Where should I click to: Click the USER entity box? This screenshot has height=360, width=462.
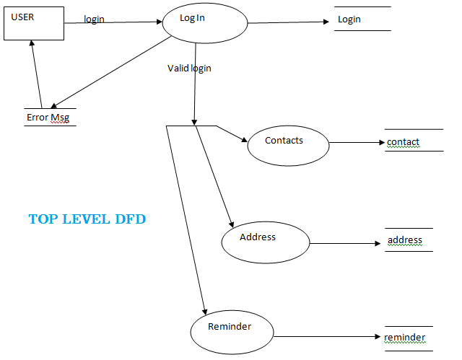click(x=33, y=24)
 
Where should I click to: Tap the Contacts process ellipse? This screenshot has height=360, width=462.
click(x=288, y=144)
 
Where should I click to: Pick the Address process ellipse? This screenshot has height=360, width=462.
click(x=265, y=241)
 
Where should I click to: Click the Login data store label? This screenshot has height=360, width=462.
click(x=349, y=19)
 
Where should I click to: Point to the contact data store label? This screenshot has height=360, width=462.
click(x=403, y=142)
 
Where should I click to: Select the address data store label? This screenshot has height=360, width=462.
click(x=405, y=240)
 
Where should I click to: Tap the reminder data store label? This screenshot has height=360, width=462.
click(x=405, y=338)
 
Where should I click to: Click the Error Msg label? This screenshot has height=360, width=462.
click(x=48, y=118)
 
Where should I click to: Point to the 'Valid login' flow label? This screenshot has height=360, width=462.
click(x=189, y=69)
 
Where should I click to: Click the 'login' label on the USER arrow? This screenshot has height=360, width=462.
click(x=94, y=19)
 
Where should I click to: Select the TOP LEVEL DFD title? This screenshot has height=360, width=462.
click(x=87, y=219)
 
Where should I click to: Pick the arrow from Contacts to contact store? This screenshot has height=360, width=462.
click(x=357, y=143)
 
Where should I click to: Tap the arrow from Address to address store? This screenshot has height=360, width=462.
click(x=345, y=243)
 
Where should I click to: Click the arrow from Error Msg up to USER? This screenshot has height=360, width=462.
click(x=37, y=72)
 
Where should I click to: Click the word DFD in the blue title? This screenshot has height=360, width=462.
click(x=130, y=219)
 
